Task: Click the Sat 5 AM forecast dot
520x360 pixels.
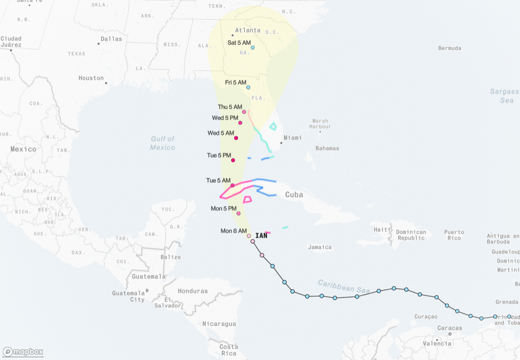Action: click(253, 47)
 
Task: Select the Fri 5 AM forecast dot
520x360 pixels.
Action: click(248, 87)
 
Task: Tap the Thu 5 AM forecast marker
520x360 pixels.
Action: click(244, 112)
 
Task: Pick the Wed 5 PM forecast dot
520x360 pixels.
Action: click(240, 123)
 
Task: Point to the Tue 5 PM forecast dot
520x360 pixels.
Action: click(233, 160)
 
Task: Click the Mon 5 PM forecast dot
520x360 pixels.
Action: click(238, 214)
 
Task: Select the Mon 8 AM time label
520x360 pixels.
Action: click(233, 231)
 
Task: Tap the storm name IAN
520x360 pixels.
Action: click(261, 236)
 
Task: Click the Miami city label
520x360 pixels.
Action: click(292, 138)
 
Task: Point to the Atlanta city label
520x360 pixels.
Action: click(248, 30)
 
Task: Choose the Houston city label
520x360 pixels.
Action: click(91, 78)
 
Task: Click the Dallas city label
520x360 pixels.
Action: click(111, 39)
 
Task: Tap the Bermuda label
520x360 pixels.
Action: click(450, 48)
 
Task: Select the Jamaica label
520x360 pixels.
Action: click(320, 247)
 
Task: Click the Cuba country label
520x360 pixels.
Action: click(294, 195)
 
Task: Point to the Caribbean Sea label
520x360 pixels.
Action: click(344, 286)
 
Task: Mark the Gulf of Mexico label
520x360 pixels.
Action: click(163, 143)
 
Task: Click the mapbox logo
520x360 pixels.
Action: click(23, 352)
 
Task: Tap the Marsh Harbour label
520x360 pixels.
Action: click(320, 124)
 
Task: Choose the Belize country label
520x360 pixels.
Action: click(171, 257)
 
